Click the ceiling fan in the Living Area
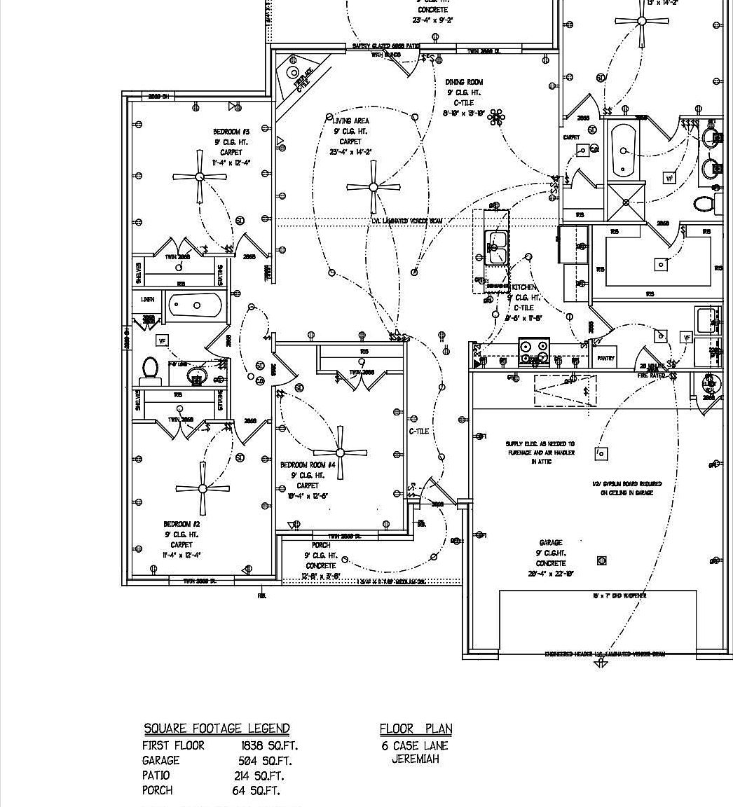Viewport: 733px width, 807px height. coord(373,186)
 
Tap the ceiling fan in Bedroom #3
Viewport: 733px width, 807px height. coord(200,177)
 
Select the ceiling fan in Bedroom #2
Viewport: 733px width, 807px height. coord(203,488)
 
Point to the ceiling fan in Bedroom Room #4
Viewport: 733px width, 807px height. coord(340,453)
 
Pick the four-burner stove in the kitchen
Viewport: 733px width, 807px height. coord(533,352)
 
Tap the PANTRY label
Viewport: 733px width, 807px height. coord(606,358)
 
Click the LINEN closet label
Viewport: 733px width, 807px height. coord(148,299)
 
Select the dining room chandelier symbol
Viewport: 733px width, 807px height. coord(496,117)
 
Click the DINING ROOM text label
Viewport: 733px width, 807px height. coord(464,82)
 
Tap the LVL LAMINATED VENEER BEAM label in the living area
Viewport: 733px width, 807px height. coord(407,221)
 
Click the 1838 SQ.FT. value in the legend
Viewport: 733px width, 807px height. coord(269,746)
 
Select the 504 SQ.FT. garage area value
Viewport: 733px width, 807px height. coord(266,761)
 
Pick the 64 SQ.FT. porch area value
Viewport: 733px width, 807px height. coord(256,791)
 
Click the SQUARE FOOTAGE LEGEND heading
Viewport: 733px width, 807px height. coord(217,729)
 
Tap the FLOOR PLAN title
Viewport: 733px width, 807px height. coord(416,729)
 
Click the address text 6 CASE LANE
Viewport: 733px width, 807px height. coord(415,746)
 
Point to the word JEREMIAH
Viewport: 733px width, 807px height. coord(416,759)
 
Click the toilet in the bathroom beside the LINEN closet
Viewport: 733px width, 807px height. coord(151,368)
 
